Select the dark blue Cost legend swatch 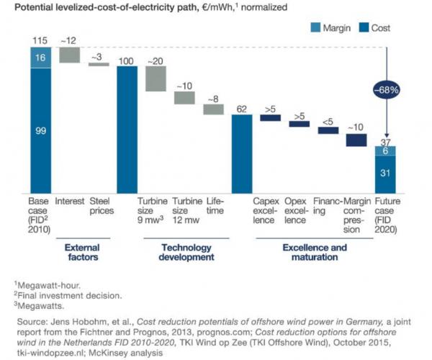coord(360,30)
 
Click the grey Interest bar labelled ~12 coord(70,55)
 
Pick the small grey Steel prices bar coord(99,64)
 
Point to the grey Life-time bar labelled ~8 coord(214,109)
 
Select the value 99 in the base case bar coord(40,130)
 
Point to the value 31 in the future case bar coord(386,174)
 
